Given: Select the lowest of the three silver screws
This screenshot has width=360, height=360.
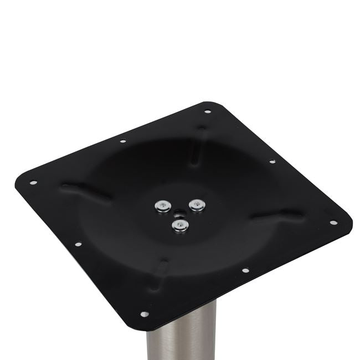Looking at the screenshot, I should click(179, 224).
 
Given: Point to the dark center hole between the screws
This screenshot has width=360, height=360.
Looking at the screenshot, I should click(179, 212).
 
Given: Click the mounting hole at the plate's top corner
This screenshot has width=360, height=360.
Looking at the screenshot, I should click(208, 111).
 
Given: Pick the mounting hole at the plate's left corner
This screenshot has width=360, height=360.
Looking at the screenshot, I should click(33, 182).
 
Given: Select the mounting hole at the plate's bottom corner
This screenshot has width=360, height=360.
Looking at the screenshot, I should click(145, 314).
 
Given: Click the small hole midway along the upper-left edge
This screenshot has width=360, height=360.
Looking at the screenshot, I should click(122, 141).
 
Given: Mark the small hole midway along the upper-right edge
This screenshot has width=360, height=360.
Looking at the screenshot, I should click(272, 162).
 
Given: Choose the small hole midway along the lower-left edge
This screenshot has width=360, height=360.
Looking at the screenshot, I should click(78, 244).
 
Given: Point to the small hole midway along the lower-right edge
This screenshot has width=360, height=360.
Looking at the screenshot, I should click(245, 271).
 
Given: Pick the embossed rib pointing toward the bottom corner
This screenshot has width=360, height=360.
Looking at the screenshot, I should click(160, 271).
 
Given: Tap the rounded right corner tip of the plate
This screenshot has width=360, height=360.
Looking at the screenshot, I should click(348, 224).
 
